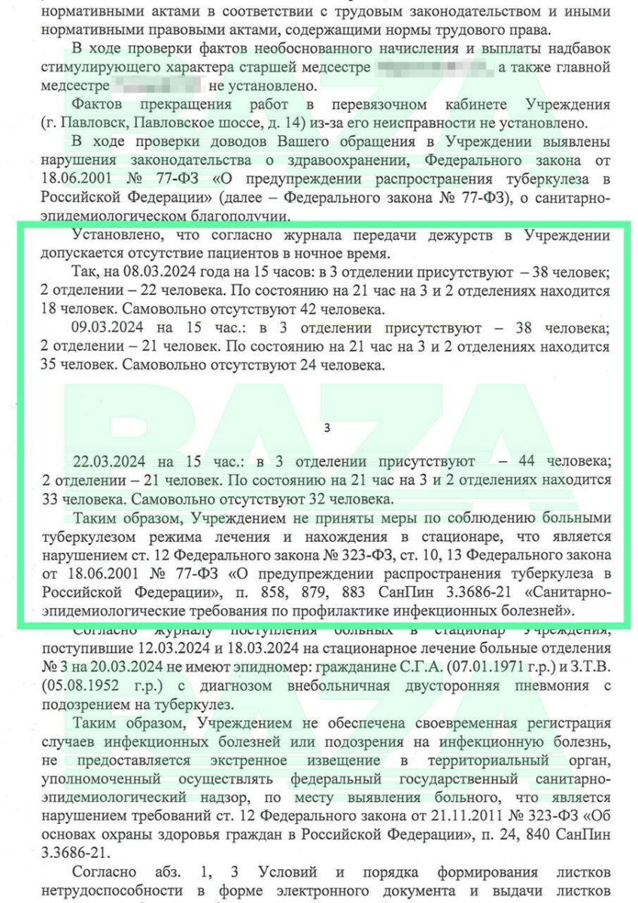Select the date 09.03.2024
coord(105,328)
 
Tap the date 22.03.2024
coord(105,461)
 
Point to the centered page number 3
coord(327,429)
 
